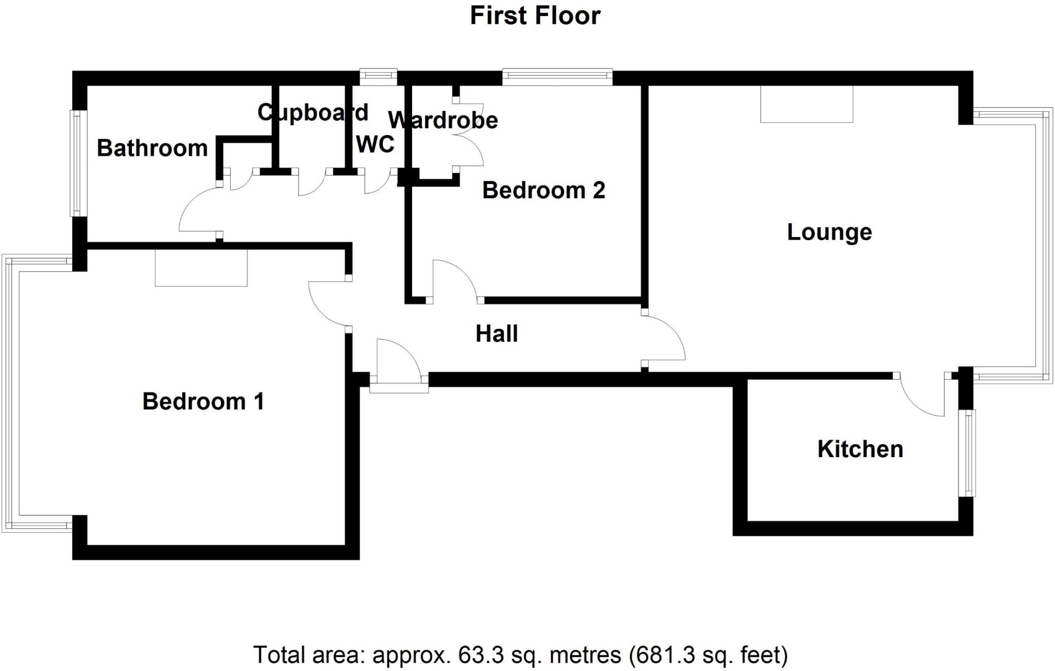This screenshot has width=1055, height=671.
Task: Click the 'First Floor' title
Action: pyautogui.click(x=535, y=15)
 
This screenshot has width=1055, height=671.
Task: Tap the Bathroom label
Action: pyautogui.click(x=152, y=148)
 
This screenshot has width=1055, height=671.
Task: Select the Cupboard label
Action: pyautogui.click(x=313, y=112)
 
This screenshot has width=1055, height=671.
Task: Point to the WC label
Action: pyautogui.click(x=375, y=144)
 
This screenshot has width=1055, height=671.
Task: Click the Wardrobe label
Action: pyautogui.click(x=443, y=121)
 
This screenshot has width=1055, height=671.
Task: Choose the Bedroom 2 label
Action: pyautogui.click(x=543, y=191)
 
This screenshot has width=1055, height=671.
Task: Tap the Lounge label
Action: pyautogui.click(x=829, y=232)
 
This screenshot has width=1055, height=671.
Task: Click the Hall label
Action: pyautogui.click(x=497, y=334)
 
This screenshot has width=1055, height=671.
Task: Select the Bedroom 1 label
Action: pyautogui.click(x=203, y=401)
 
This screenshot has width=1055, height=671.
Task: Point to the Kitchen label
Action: pyautogui.click(x=860, y=449)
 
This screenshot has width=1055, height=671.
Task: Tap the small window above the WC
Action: pyautogui.click(x=378, y=77)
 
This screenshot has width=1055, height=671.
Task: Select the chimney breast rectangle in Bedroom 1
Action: pyautogui.click(x=201, y=267)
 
